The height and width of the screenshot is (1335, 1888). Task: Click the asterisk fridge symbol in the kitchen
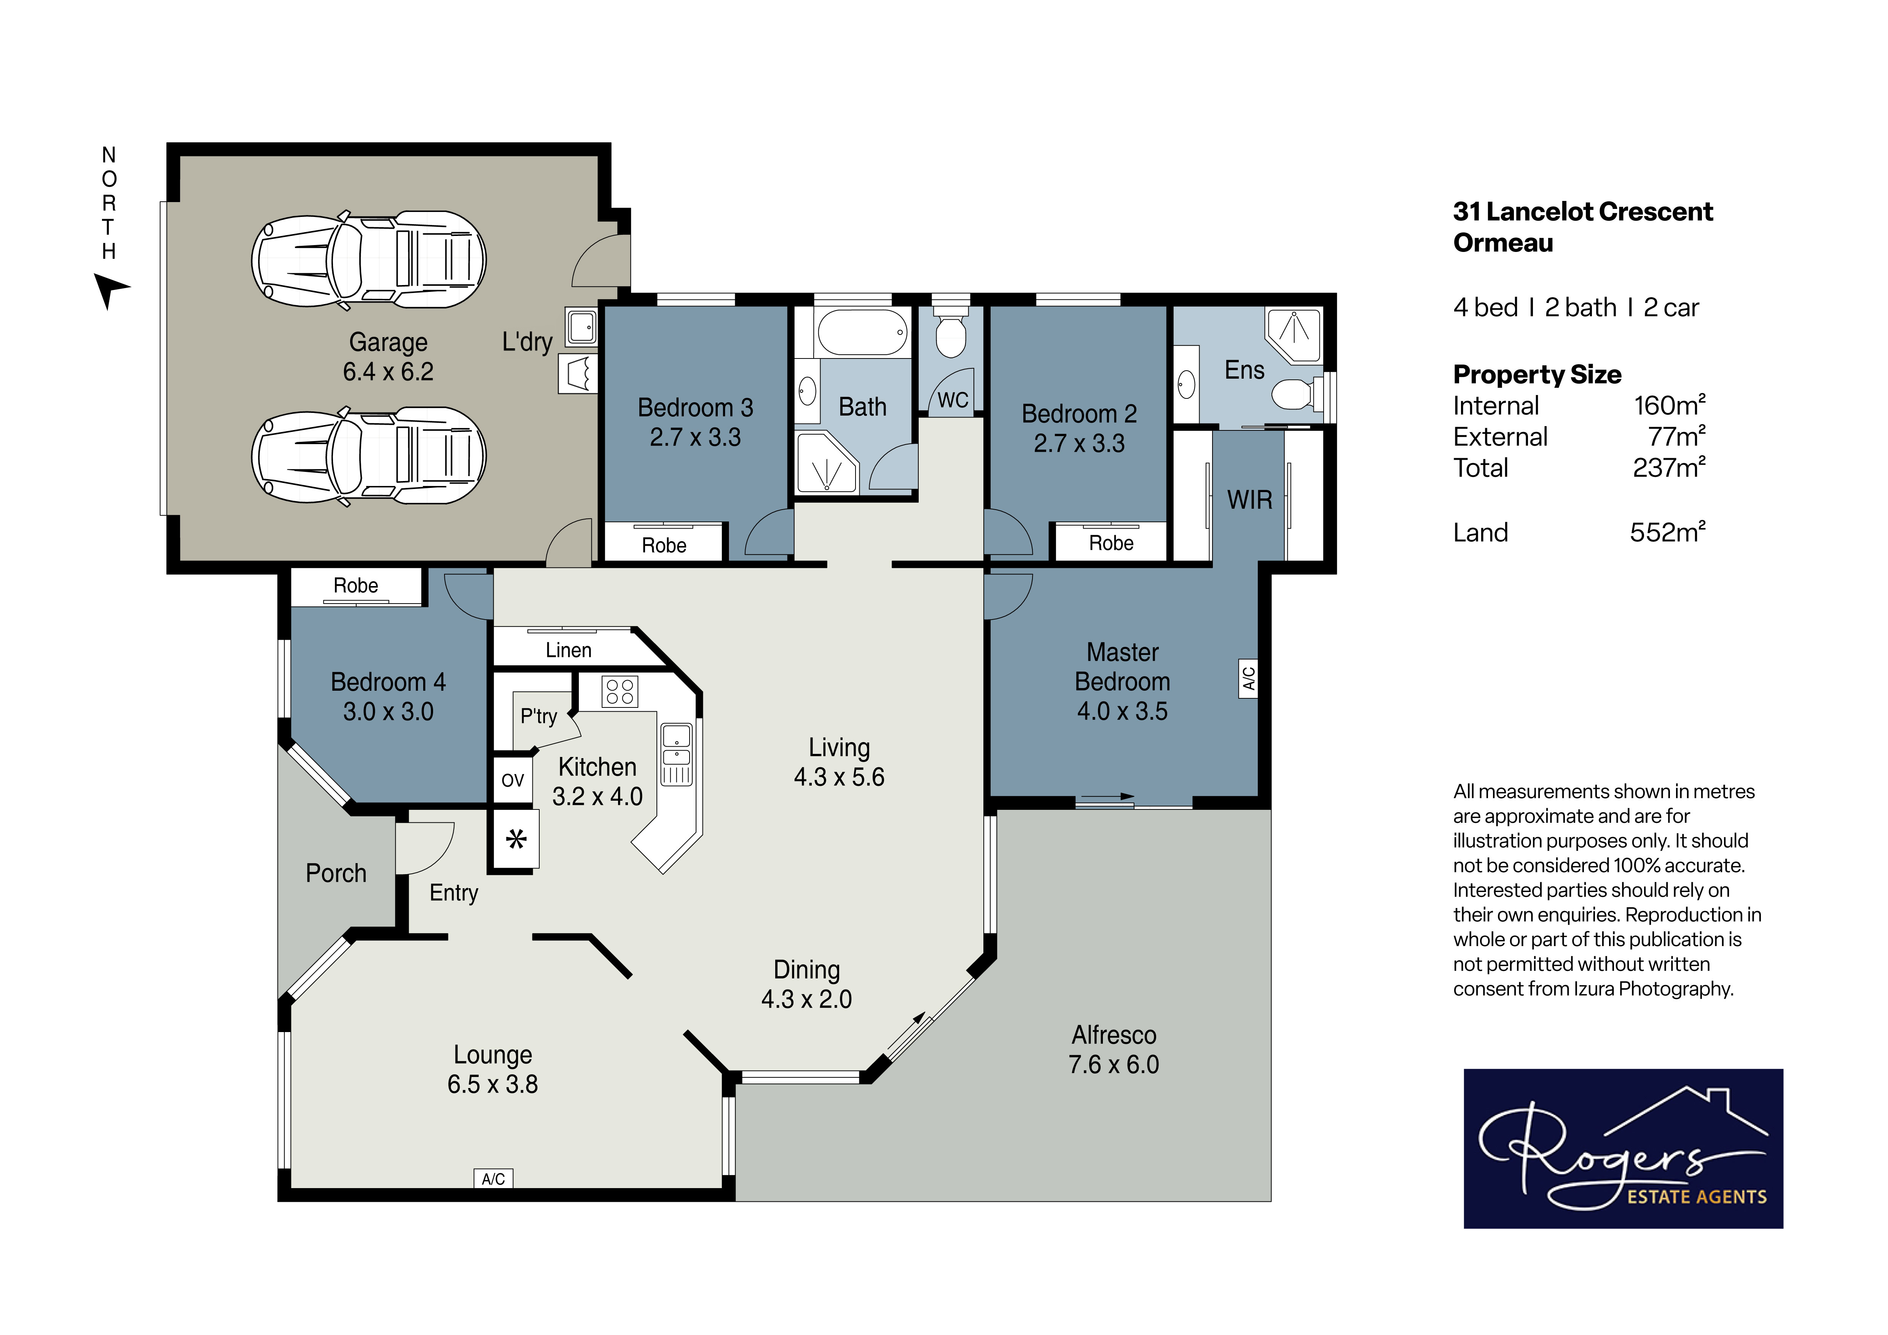pos(516,839)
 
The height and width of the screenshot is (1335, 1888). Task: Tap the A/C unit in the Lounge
pos(493,1179)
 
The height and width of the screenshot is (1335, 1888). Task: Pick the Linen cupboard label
pos(568,650)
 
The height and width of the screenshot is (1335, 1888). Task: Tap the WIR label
pos(1249,500)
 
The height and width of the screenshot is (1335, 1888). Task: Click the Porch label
pos(336,873)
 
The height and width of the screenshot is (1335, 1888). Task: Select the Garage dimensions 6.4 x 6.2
pos(388,371)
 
